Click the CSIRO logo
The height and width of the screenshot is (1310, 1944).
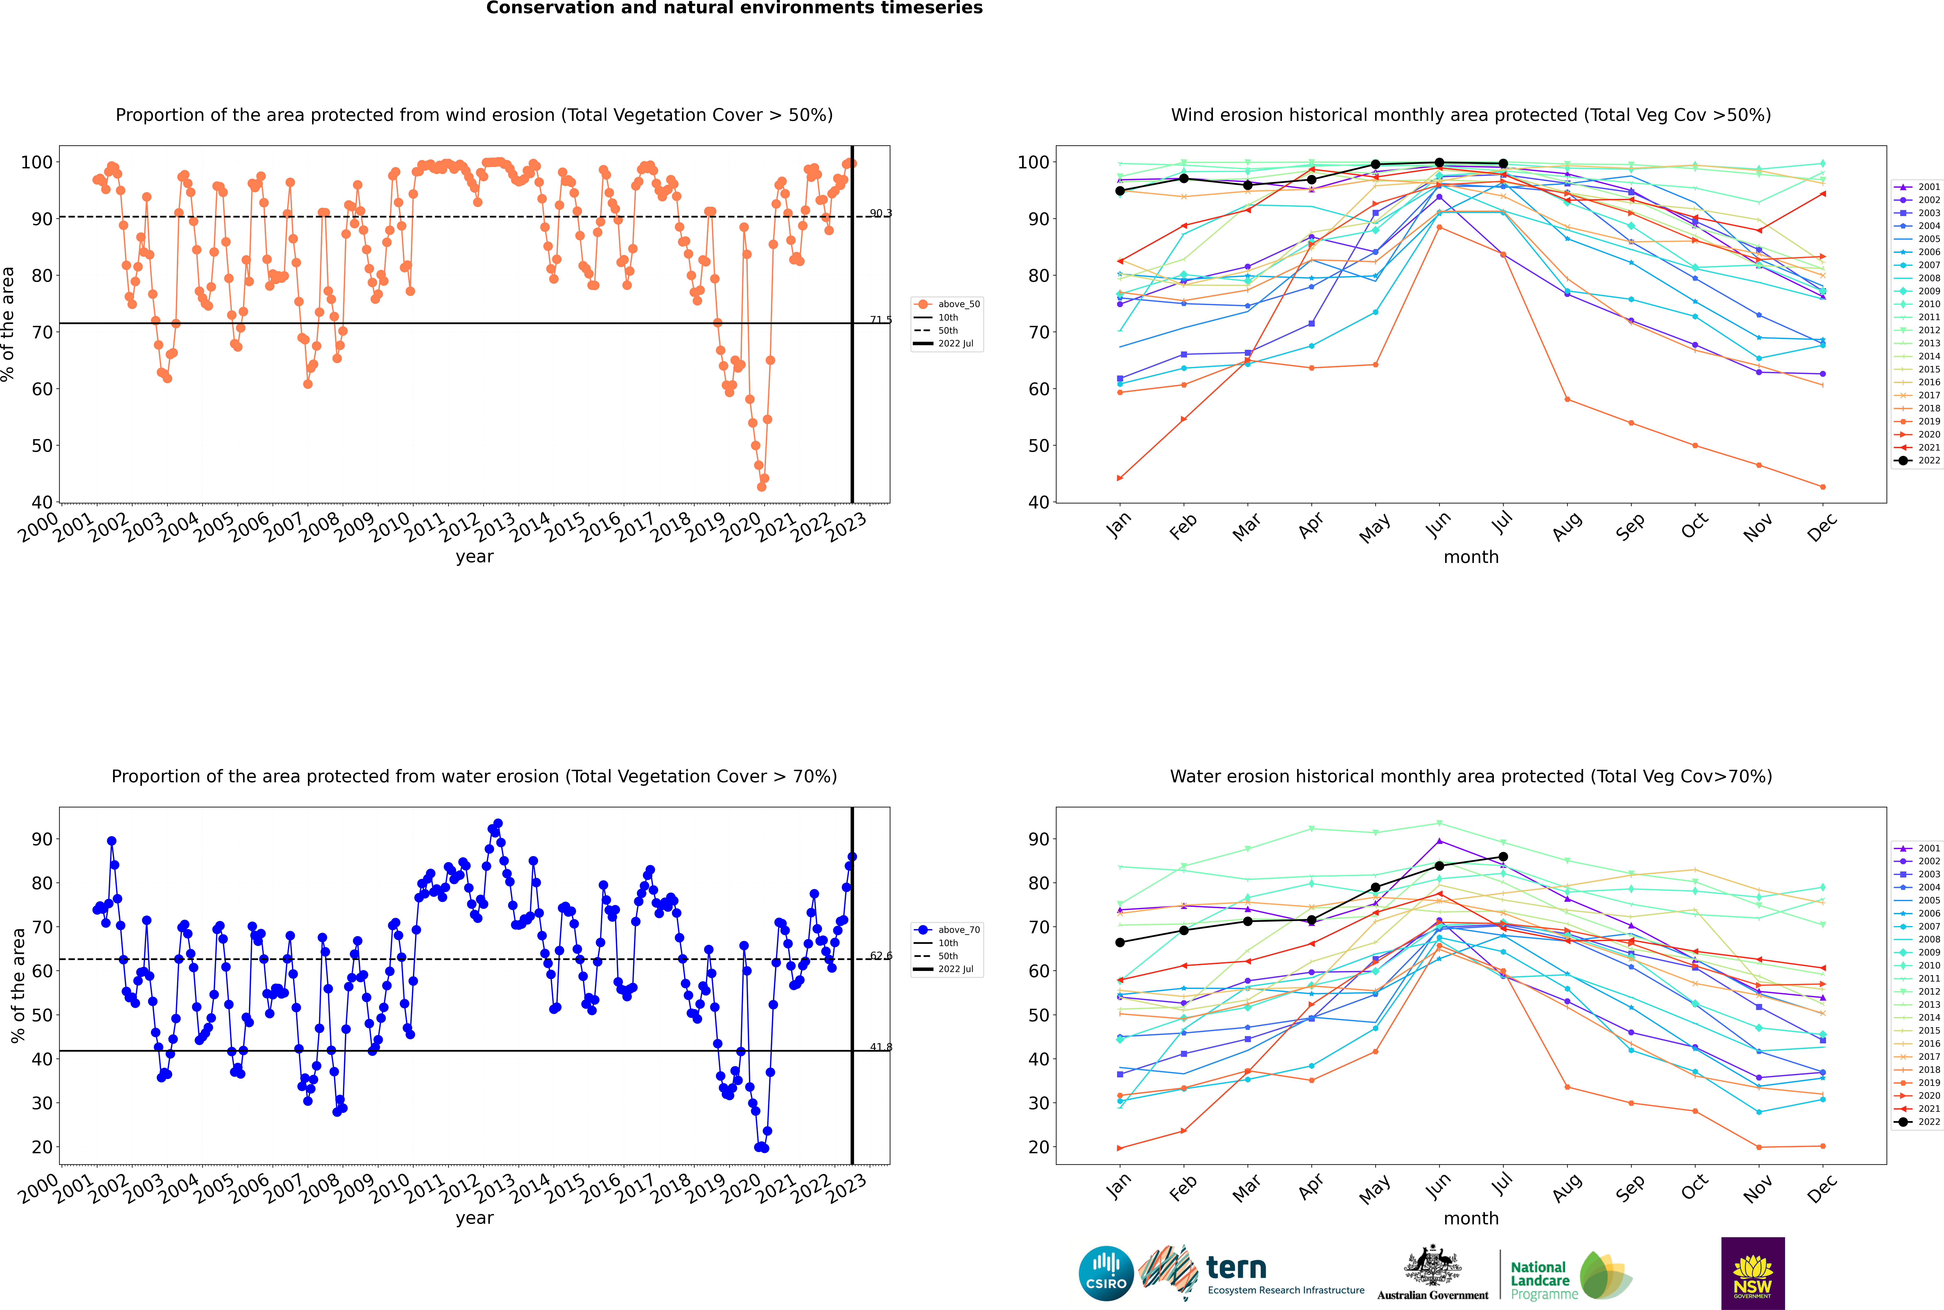pyautogui.click(x=1106, y=1273)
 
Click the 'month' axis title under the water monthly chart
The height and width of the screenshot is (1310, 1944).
pyautogui.click(x=1471, y=1218)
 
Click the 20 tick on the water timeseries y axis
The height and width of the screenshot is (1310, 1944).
pyautogui.click(x=42, y=1147)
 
